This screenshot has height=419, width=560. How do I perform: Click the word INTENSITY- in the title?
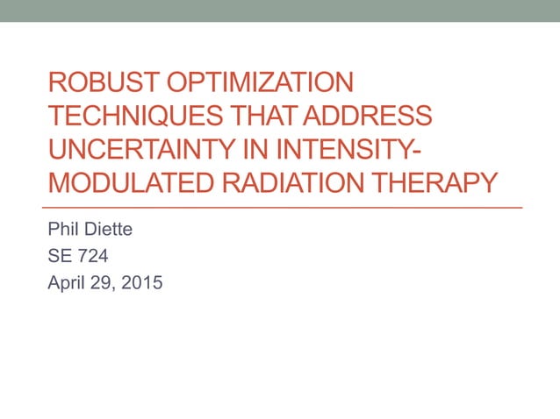(x=348, y=150)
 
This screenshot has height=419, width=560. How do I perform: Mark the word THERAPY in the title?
(x=430, y=183)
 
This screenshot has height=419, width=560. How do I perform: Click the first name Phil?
(x=64, y=232)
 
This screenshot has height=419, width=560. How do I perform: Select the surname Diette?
(x=111, y=232)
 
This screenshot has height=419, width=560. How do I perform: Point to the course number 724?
(x=95, y=258)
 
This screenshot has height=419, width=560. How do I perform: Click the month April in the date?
(x=67, y=283)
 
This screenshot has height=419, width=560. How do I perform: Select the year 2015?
(x=142, y=283)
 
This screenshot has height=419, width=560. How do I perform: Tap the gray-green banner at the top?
(x=280, y=11)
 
